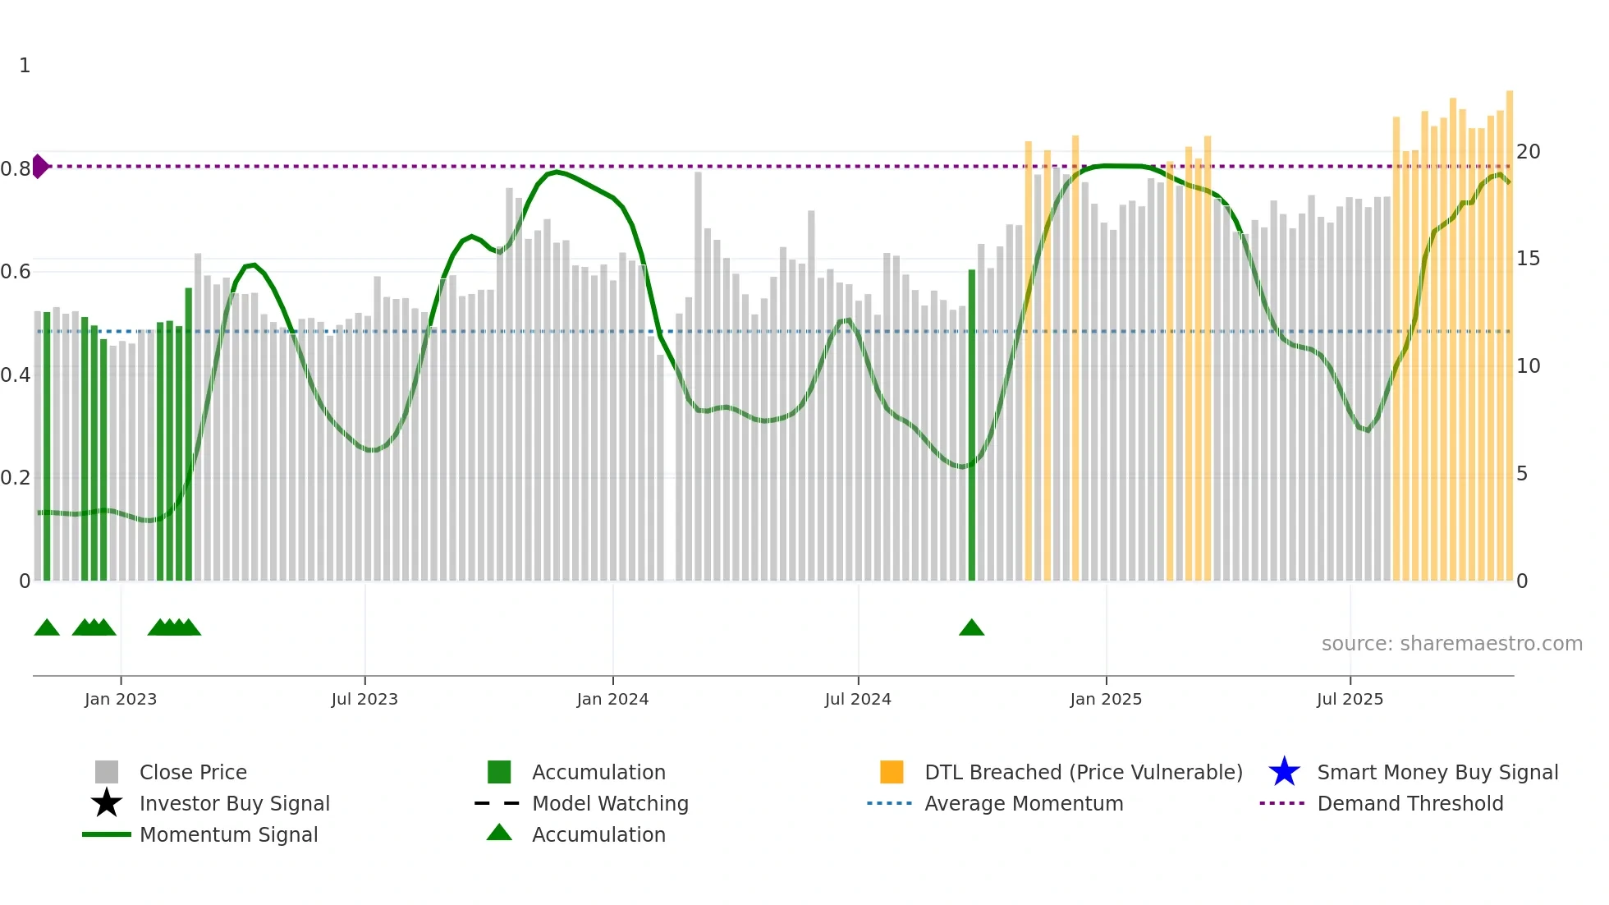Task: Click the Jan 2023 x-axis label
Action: pos(120,699)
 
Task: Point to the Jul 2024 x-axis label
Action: pos(857,699)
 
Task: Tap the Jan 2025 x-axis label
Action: pos(1105,699)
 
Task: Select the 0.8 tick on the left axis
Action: pos(16,169)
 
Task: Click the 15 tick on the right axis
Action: pos(1528,259)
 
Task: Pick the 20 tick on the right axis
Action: pos(1528,151)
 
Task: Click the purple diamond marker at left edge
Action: pos(40,166)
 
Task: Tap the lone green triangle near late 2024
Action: pos(971,628)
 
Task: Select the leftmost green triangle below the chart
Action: pos(47,628)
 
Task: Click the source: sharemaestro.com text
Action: pos(1451,643)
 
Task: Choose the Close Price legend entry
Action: pos(193,772)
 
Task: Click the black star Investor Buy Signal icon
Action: pos(107,803)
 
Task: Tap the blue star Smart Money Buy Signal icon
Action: pos(1284,772)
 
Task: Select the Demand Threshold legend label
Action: pos(1410,803)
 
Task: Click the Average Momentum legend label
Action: pos(1023,803)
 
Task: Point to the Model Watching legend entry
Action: pos(609,803)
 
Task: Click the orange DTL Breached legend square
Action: pos(892,772)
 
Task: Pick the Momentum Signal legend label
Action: pos(228,834)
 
